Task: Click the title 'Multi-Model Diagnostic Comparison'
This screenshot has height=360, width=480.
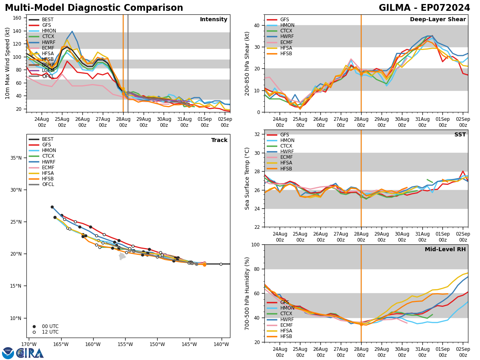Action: click(x=94, y=8)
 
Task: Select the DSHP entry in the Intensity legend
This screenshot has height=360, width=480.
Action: click(x=48, y=65)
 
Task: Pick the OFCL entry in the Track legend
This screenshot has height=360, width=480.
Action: click(x=48, y=184)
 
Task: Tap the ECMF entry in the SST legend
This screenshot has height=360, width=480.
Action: click(x=287, y=157)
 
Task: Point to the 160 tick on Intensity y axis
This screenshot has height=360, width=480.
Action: click(x=18, y=18)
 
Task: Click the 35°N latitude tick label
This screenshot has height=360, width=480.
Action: click(x=16, y=158)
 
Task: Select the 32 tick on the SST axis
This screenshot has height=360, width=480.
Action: click(x=257, y=134)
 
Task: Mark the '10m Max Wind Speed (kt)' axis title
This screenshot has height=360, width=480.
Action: click(x=8, y=63)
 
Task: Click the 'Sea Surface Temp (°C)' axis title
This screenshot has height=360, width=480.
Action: click(x=248, y=178)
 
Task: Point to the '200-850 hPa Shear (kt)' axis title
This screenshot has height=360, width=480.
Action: click(x=248, y=63)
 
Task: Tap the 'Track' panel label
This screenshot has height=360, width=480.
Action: click(x=219, y=140)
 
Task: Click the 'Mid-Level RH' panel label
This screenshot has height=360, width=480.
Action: click(x=445, y=250)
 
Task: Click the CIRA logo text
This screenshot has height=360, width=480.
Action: click(x=30, y=353)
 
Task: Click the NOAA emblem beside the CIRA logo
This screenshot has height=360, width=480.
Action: click(x=8, y=353)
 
